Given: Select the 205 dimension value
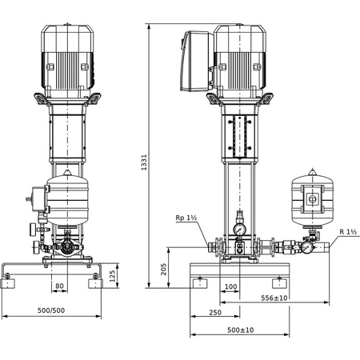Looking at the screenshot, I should coord(164,268).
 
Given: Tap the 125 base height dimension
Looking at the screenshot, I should coord(113,275).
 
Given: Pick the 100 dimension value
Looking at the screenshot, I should coord(231,286).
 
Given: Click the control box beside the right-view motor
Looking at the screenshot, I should coord(196,61).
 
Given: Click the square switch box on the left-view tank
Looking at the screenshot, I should coord(35,194).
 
